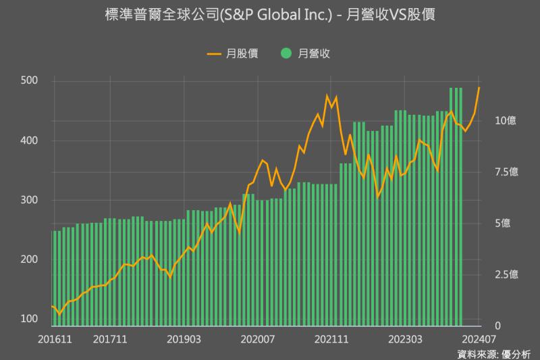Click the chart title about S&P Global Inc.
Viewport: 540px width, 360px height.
coord(270,15)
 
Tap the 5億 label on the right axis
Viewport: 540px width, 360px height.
coord(502,224)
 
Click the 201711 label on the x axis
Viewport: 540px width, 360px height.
coord(110,338)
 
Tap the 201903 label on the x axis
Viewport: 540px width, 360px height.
coord(184,338)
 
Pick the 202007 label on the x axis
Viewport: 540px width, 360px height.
coord(259,338)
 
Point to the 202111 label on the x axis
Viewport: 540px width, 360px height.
coord(333,338)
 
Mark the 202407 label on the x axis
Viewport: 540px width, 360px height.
coord(479,338)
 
